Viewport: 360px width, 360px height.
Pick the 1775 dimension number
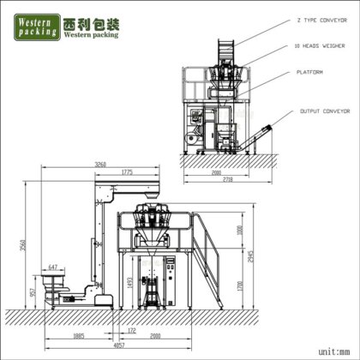pyautogui.click(x=126, y=173)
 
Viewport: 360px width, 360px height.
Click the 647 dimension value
pyautogui.click(x=54, y=267)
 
